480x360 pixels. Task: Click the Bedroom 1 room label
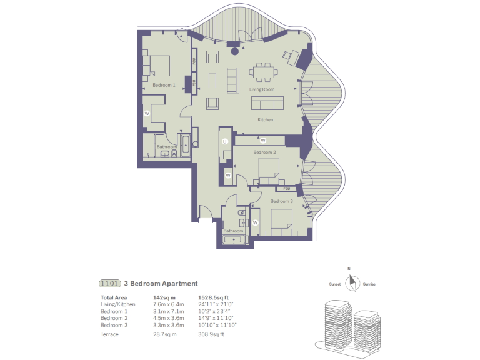(x=164, y=84)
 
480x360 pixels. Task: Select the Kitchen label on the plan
(x=266, y=120)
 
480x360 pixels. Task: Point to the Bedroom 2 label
(x=264, y=152)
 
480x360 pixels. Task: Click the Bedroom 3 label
(x=281, y=202)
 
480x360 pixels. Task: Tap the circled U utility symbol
(x=224, y=142)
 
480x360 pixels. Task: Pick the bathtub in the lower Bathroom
(x=235, y=239)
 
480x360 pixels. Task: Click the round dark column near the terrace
(x=235, y=52)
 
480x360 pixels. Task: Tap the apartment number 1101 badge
(x=110, y=283)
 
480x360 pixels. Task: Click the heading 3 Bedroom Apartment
(x=161, y=283)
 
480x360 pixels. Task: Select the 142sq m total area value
(x=164, y=297)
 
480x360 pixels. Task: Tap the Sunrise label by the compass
(x=369, y=284)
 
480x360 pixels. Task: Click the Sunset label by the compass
(x=335, y=284)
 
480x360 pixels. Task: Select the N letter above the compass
(x=350, y=269)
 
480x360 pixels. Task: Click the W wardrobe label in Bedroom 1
(x=146, y=113)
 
